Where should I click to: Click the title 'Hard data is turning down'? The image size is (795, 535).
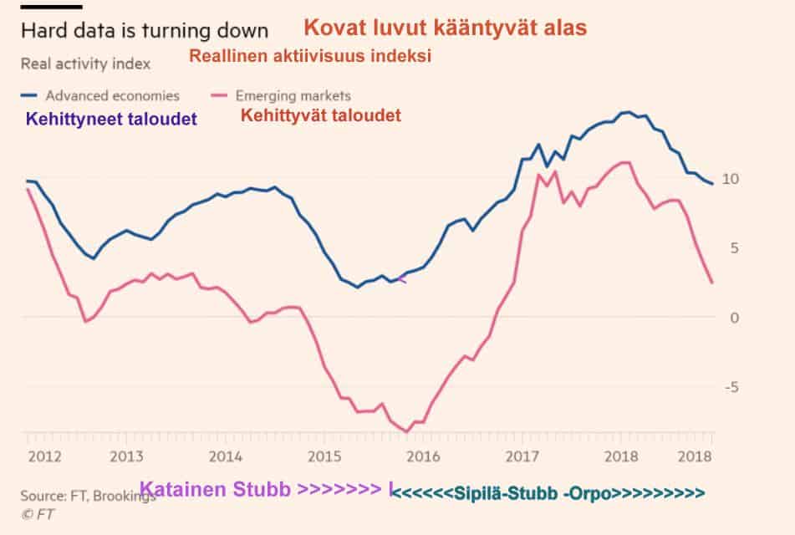pyautogui.click(x=144, y=31)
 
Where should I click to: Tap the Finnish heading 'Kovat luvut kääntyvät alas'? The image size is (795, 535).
pyautogui.click(x=445, y=28)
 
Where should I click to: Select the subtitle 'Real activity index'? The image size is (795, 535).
pyautogui.click(x=85, y=64)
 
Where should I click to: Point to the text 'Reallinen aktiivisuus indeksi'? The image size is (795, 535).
pyautogui.click(x=310, y=57)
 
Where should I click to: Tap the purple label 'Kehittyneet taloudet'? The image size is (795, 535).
pyautogui.click(x=111, y=120)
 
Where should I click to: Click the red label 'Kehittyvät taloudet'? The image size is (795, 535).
pyautogui.click(x=321, y=115)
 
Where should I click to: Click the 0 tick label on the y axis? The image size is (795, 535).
pyautogui.click(x=732, y=318)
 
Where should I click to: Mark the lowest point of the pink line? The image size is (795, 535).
pyautogui.click(x=406, y=431)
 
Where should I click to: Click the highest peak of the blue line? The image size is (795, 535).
pyautogui.click(x=625, y=111)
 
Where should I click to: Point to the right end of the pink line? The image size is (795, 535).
pyautogui.click(x=711, y=283)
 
